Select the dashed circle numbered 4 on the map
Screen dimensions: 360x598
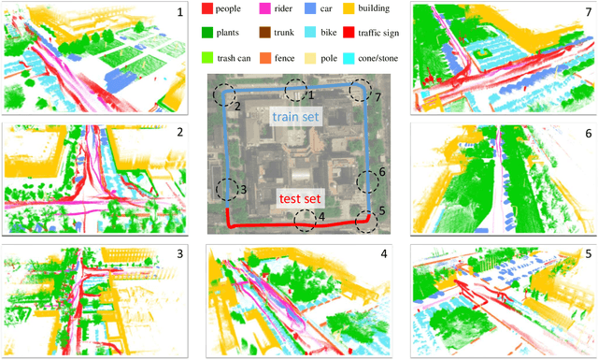click(304, 221)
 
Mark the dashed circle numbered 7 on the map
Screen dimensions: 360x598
click(359, 90)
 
